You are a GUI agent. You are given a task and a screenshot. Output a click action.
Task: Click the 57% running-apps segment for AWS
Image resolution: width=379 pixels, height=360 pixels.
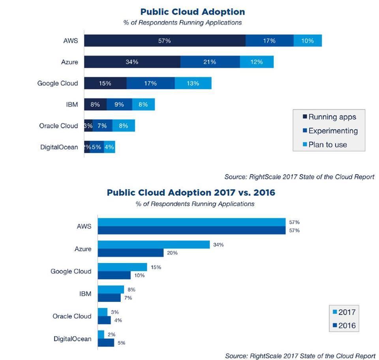[x=165, y=41]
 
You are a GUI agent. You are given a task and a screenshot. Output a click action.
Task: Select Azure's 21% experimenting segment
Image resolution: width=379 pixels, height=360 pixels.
[x=210, y=62]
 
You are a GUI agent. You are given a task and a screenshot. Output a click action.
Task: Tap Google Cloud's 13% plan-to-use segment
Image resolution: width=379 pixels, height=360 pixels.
[x=193, y=83]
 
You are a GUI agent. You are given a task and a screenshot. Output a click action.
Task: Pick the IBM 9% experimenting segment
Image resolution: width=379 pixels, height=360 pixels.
[x=119, y=105]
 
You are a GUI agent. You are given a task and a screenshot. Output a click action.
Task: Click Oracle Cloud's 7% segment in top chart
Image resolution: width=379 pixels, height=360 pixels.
[x=102, y=126]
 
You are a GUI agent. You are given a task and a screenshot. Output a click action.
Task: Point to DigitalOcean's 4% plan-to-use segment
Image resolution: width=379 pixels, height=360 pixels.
[x=109, y=147]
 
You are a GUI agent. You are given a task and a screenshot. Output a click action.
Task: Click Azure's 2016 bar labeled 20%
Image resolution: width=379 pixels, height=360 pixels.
[x=131, y=253]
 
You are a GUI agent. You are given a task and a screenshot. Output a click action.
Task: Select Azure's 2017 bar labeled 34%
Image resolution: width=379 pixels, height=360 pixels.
[x=154, y=245]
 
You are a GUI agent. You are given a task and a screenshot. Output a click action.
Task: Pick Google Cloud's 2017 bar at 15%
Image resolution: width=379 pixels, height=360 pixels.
[x=122, y=267]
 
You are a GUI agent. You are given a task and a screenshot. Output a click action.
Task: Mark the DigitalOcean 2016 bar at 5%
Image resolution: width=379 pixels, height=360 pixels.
[x=106, y=343]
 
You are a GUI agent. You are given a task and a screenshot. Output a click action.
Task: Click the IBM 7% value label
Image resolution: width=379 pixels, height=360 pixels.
[x=128, y=298]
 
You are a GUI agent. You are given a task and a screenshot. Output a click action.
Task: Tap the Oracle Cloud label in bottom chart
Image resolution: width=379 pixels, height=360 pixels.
[x=72, y=316]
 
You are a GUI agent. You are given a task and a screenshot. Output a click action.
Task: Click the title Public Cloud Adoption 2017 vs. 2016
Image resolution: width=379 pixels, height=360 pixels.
[x=191, y=193]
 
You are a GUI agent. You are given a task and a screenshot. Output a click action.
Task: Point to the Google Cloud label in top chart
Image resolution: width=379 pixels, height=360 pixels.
[x=58, y=83]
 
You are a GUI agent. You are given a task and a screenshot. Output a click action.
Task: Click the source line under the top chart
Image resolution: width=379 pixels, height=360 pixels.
[x=299, y=177]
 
